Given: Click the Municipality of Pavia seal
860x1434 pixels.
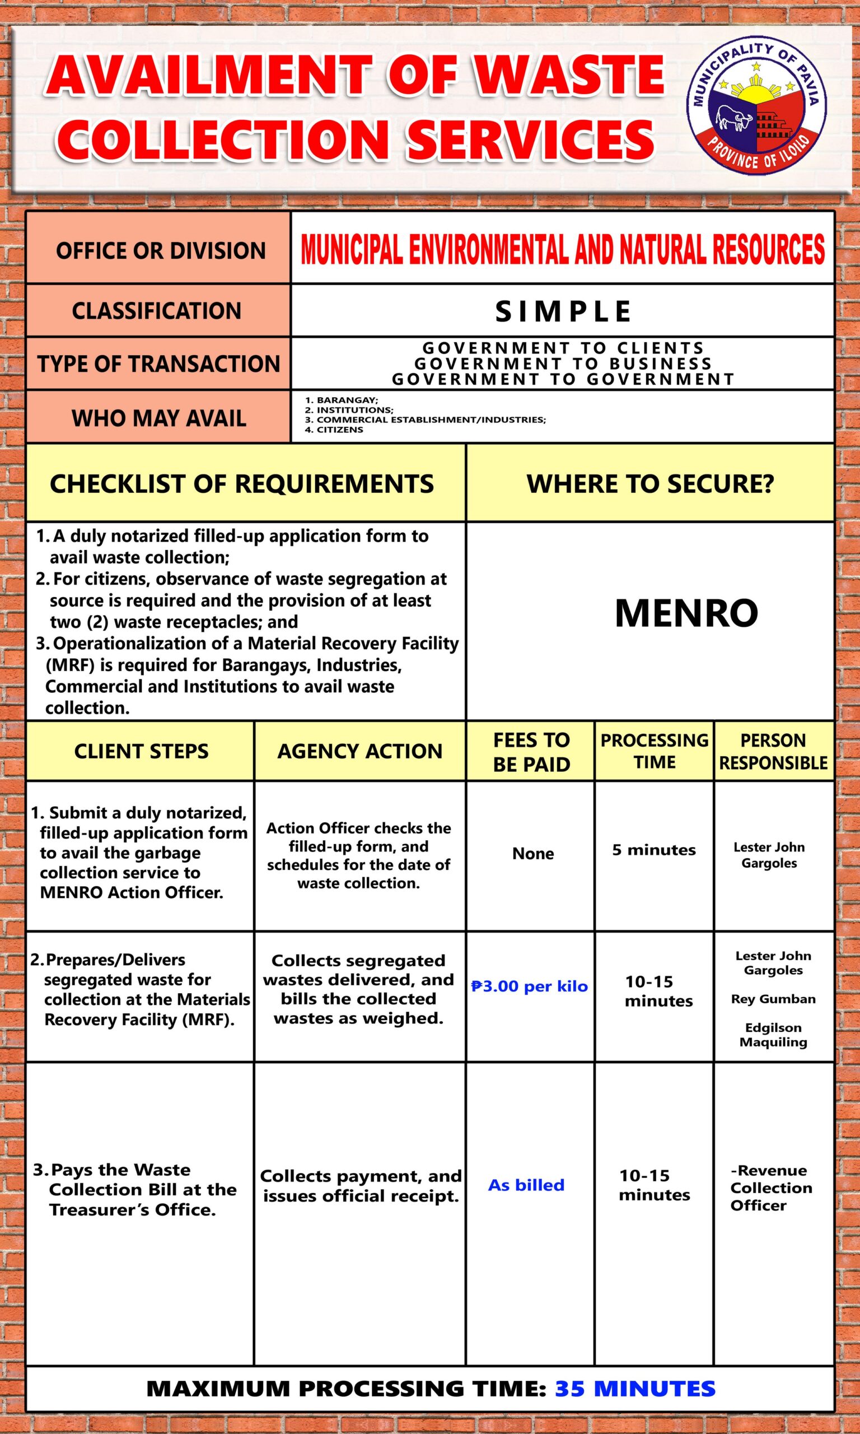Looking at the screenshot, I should pos(756,108).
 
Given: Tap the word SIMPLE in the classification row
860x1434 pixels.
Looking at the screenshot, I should pos(563,311).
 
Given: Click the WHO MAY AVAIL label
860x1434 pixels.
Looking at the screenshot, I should pos(159,418).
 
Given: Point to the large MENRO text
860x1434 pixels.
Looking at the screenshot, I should pos(686,613).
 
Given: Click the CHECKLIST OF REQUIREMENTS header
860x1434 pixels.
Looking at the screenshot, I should pos(242,483).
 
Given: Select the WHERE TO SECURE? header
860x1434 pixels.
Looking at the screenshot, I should pos(649,483).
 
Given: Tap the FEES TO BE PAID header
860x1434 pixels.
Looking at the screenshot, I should pos(531,752).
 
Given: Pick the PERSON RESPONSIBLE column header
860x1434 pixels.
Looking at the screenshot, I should pos(773,751).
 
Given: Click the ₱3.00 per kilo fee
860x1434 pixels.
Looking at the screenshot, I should pos(530,986).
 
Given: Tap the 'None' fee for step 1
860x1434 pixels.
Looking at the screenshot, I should pos(532,853).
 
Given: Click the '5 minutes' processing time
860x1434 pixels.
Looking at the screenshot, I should pos(654,850).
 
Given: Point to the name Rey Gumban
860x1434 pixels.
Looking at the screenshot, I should pos(773,999).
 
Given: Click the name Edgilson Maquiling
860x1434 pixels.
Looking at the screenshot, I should pos(773,1035).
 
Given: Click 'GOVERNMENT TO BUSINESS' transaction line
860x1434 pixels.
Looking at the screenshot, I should pos(563,364).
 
